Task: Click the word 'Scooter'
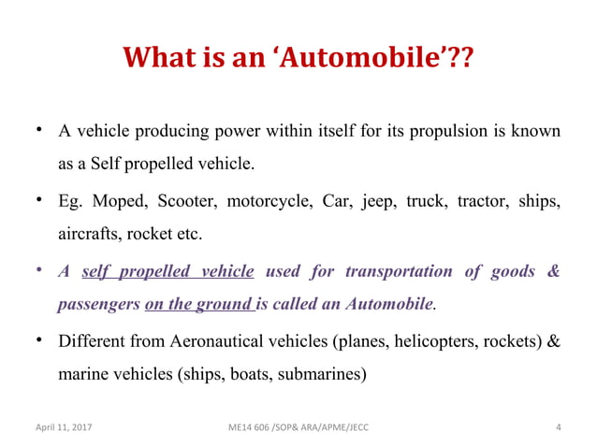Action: point(183,201)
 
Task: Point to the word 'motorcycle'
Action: point(267,201)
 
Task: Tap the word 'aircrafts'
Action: point(91,232)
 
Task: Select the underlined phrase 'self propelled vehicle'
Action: point(168,272)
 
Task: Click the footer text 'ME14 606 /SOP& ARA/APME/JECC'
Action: point(291,428)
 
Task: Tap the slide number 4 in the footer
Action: point(558,428)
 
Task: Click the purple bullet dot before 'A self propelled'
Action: point(39,270)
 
